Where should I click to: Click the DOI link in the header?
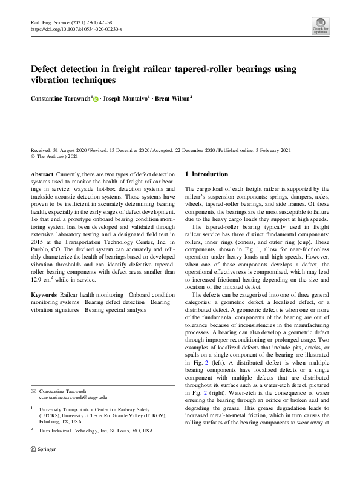point(76,29)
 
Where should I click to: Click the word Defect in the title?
point(48,69)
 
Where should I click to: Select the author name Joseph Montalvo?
point(125,97)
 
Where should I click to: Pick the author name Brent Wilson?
point(172,97)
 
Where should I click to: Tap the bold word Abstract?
point(41,174)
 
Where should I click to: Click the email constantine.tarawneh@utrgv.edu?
point(73,398)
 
